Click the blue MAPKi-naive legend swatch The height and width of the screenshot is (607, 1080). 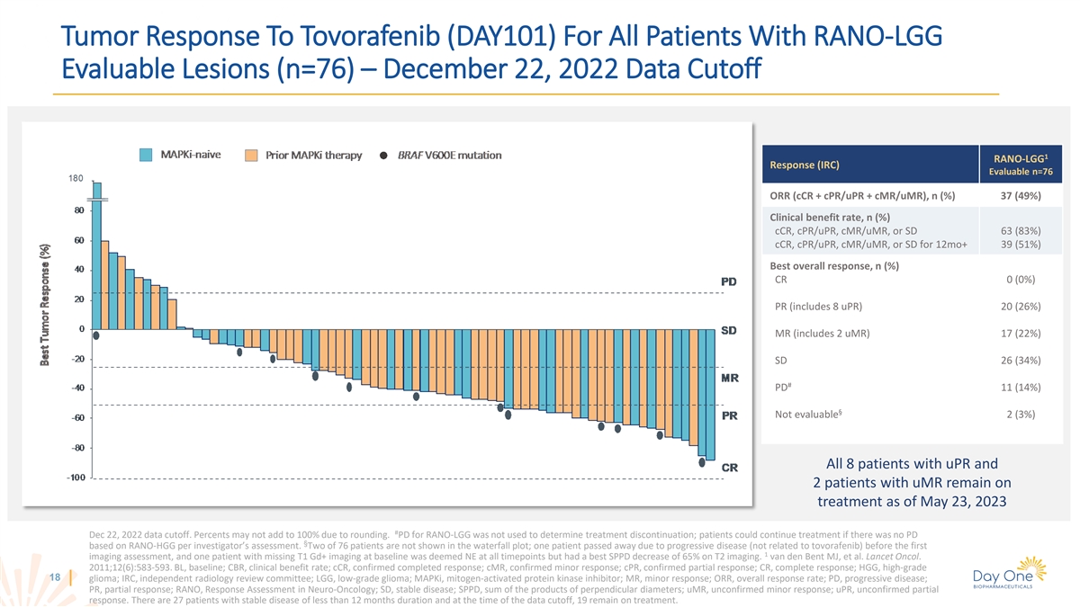pyautogui.click(x=147, y=154)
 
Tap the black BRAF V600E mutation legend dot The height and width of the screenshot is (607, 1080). pyautogui.click(x=384, y=156)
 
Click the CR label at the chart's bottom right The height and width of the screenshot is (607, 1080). pyautogui.click(x=730, y=467)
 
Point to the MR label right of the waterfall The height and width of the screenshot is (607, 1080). pyautogui.click(x=730, y=379)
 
